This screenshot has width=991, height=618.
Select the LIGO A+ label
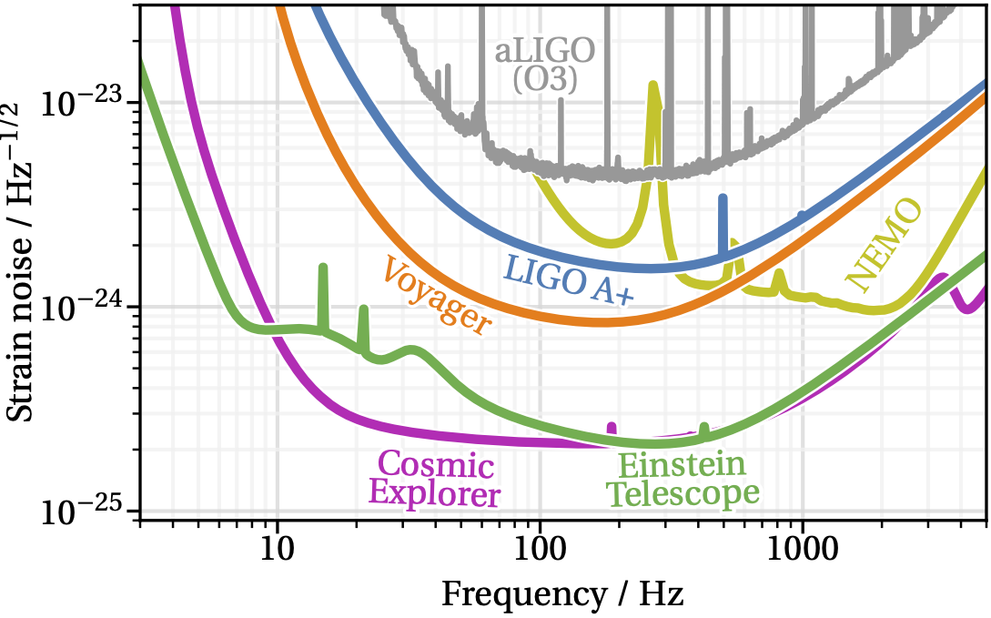[567, 279]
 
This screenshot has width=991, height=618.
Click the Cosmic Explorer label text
[435, 481]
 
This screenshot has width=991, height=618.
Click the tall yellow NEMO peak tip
[652, 85]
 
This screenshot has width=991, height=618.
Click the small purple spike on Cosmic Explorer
[612, 426]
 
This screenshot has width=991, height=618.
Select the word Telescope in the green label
[683, 493]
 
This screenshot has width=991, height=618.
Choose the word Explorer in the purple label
[434, 495]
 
